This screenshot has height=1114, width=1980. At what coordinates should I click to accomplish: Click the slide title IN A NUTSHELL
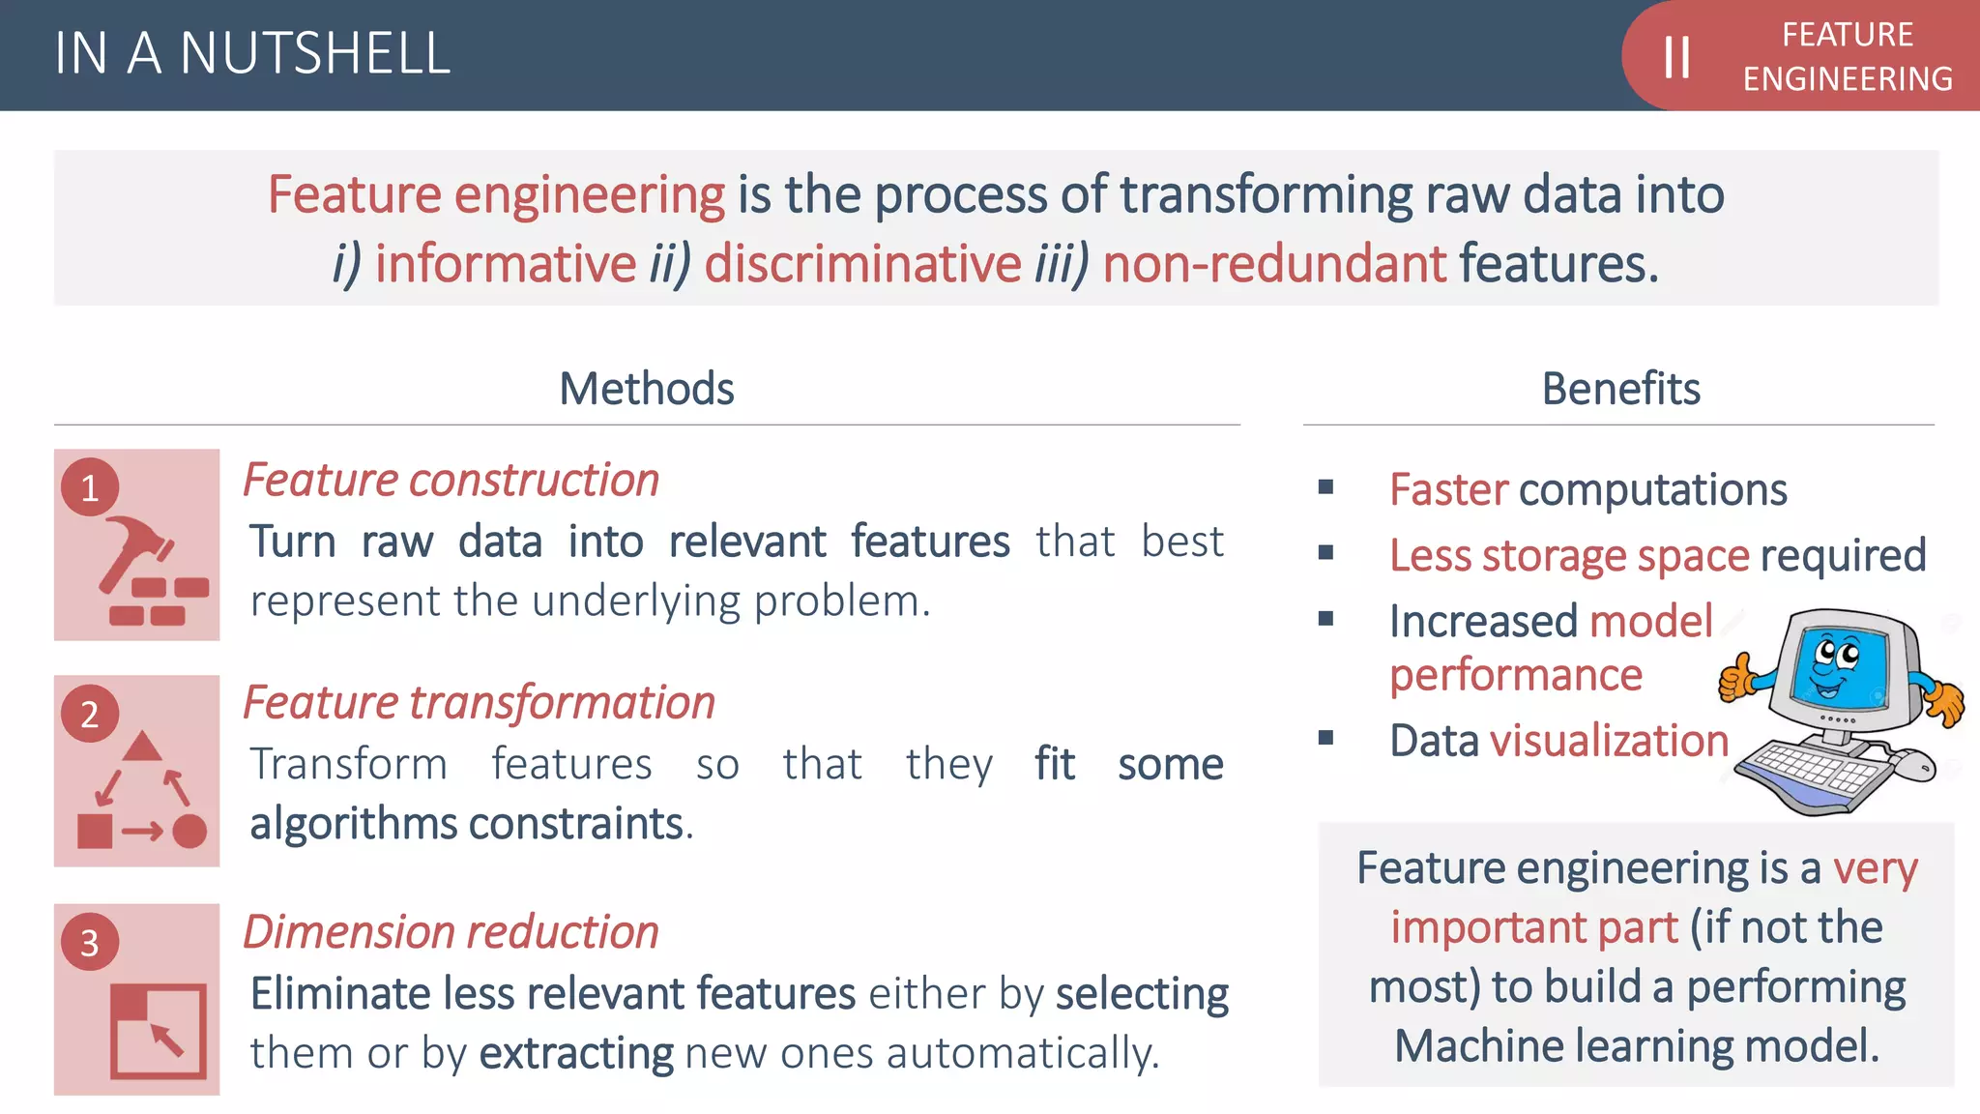point(252,53)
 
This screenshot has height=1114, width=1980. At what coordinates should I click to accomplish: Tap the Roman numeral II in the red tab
point(1676,57)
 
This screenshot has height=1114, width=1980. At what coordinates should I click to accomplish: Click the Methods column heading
point(646,389)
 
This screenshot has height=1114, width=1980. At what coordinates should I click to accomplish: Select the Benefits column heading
point(1620,389)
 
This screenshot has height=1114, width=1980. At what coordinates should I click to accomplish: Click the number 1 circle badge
point(90,487)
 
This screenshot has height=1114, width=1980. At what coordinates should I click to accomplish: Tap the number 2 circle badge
point(90,714)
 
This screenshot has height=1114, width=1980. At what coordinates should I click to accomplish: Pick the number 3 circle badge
point(90,942)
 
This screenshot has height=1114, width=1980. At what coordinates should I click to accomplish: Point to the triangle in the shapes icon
point(142,748)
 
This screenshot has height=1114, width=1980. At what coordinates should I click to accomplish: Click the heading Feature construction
point(451,481)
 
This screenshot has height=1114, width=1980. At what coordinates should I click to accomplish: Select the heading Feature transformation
point(479,702)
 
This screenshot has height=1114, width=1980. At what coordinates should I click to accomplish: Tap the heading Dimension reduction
point(451,932)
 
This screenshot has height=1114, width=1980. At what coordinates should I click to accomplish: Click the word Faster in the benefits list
point(1448,490)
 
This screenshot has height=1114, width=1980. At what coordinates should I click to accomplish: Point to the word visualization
point(1609,741)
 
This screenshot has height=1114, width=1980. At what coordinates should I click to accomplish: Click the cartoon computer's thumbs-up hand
point(1737,678)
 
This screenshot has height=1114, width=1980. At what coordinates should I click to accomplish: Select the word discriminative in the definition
point(862,264)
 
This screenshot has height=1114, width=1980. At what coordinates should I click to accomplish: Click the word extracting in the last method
point(576,1053)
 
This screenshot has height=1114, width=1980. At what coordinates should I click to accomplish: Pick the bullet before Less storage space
point(1325,553)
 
